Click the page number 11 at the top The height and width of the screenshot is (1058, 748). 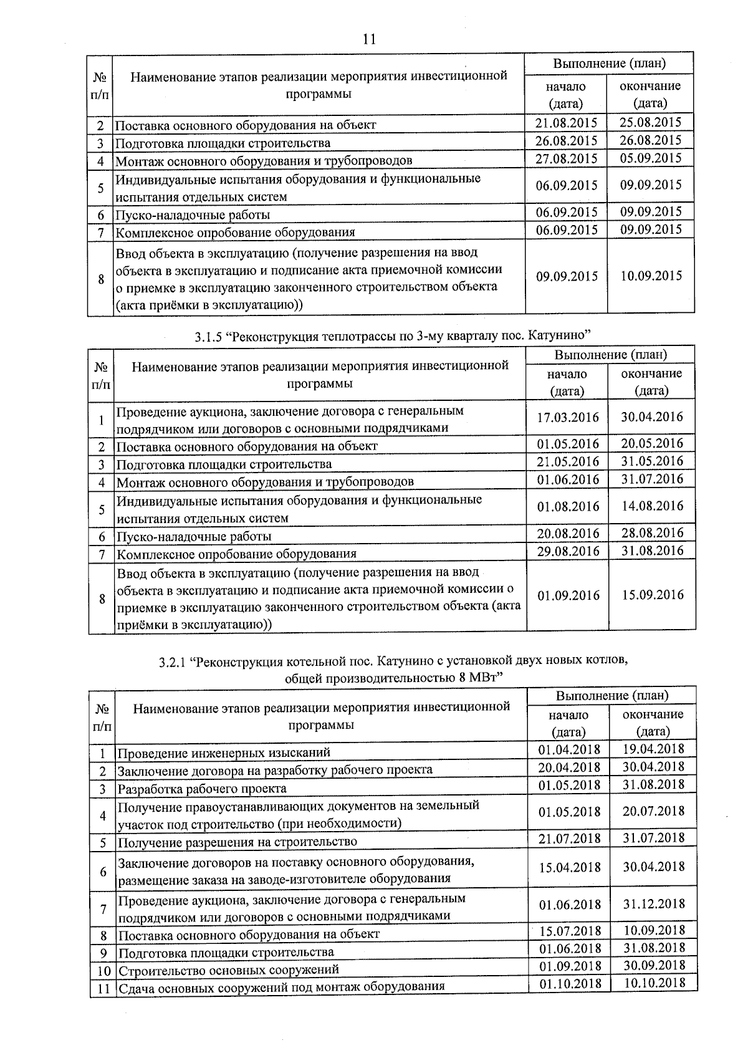(369, 39)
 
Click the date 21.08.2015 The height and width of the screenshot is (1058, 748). (566, 122)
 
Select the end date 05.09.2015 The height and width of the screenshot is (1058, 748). (650, 158)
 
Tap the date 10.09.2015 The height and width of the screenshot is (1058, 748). (651, 276)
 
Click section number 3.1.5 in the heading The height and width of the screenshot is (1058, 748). (208, 337)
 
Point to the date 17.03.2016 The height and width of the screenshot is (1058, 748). (567, 417)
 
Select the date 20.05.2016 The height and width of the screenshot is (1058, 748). (651, 443)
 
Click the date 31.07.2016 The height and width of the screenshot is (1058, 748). (651, 479)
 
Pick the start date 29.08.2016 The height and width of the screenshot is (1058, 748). (568, 551)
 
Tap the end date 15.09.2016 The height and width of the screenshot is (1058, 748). (653, 595)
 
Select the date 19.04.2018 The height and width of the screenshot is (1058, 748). (653, 749)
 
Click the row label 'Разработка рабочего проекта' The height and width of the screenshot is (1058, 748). (202, 789)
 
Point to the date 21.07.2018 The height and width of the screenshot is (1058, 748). (569, 839)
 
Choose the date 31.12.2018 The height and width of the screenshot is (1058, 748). (653, 903)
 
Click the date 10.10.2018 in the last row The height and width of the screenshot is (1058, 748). (654, 983)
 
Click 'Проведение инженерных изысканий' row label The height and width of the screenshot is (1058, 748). (224, 753)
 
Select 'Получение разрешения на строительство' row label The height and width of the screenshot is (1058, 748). (237, 842)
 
